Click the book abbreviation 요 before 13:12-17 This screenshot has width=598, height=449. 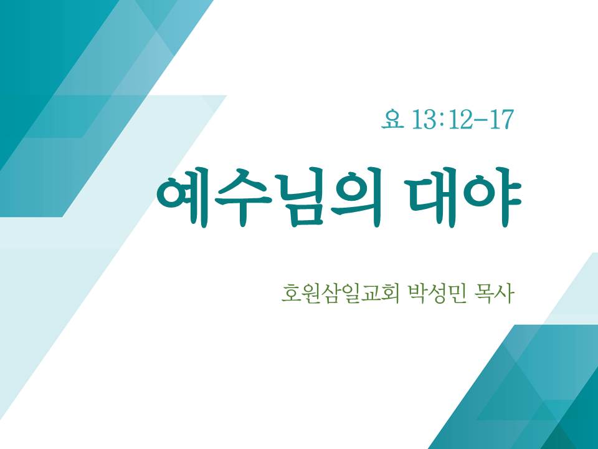[392, 120]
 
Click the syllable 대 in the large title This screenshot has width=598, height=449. [432, 197]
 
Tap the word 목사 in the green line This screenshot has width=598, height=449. [493, 294]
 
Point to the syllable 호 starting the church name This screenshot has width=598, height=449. [291, 294]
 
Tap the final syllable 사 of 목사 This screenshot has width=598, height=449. [503, 294]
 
